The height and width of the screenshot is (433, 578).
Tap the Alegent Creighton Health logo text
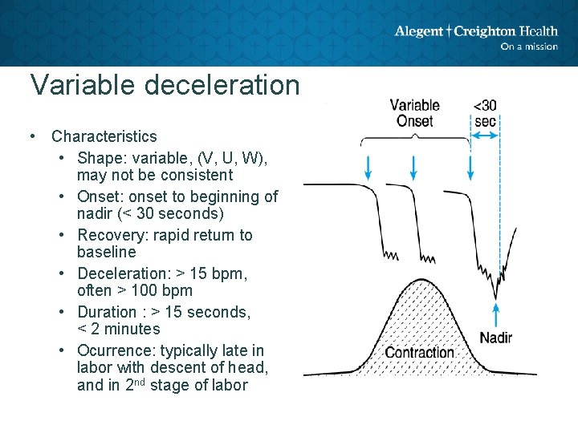tap(475, 31)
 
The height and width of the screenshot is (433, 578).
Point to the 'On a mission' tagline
tap(528, 47)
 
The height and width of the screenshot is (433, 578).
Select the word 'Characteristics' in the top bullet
tap(104, 136)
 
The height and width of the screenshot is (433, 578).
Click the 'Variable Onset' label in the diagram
tap(414, 113)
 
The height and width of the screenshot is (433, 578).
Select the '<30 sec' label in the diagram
tap(485, 113)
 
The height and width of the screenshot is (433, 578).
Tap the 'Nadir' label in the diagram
tap(495, 338)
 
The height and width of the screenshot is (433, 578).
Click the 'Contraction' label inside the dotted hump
tap(420, 353)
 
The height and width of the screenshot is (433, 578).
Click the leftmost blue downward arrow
tap(367, 166)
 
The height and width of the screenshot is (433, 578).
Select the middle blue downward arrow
tap(413, 166)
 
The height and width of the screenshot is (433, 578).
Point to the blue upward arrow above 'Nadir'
tap(496, 311)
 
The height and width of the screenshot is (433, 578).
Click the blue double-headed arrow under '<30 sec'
tap(484, 137)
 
